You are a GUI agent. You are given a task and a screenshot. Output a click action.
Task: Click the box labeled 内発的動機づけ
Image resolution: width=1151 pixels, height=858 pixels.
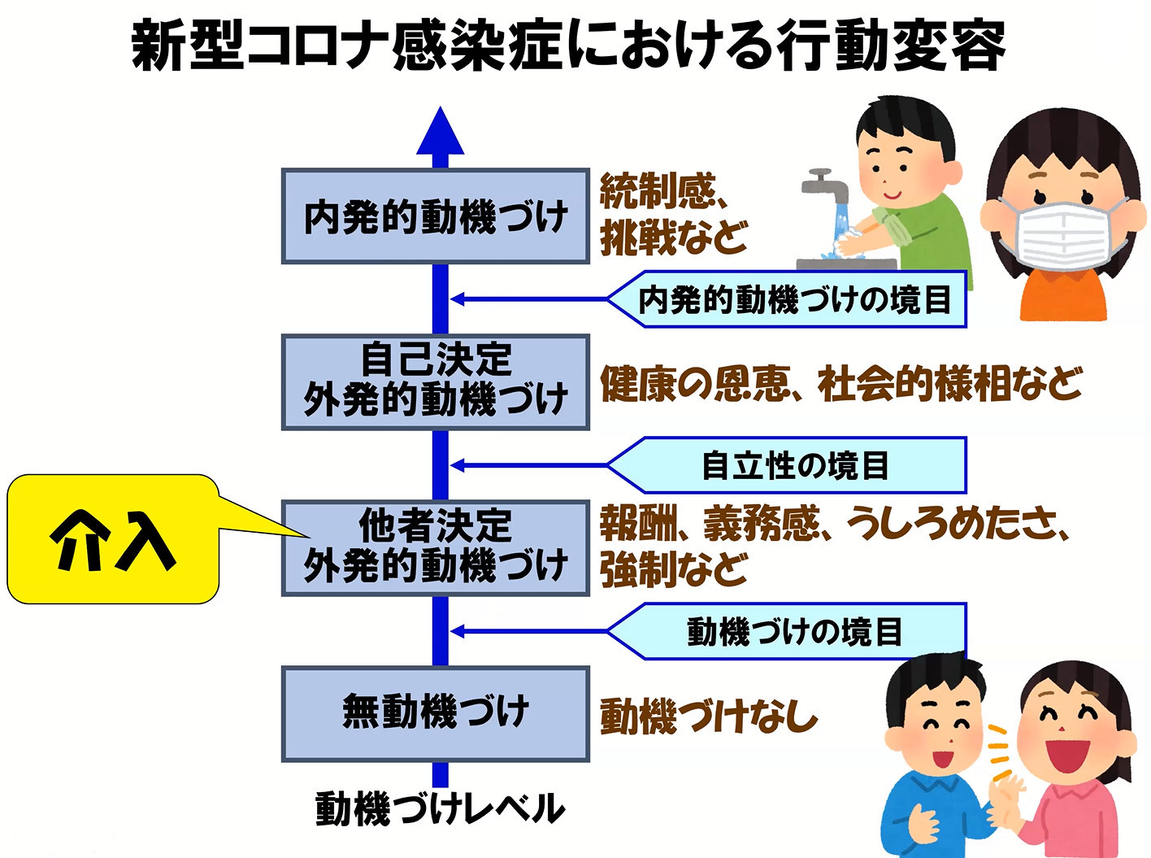[435, 216]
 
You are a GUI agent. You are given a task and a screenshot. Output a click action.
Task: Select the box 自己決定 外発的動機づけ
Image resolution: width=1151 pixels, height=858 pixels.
[435, 382]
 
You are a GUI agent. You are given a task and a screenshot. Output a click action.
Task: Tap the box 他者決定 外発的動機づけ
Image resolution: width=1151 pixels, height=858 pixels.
[435, 548]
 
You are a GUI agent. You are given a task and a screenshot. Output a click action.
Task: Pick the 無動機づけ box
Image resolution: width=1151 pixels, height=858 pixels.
[435, 714]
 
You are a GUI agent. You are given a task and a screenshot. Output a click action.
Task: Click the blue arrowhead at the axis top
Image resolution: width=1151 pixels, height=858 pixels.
[440, 132]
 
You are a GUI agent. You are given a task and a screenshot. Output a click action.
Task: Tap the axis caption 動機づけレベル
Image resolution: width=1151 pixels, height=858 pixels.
[440, 808]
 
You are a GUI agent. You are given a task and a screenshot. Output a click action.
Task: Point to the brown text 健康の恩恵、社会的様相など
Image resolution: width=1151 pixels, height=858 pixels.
[841, 383]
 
